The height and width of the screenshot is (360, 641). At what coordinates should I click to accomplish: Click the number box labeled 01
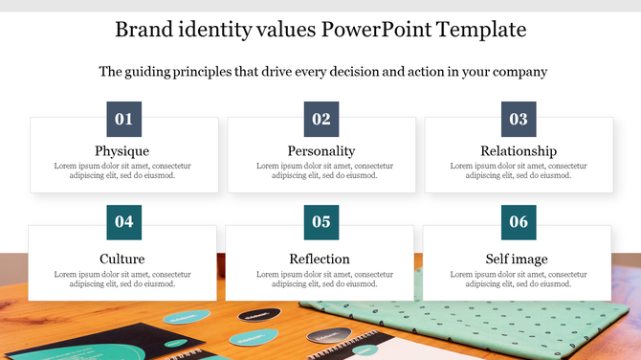[123, 120]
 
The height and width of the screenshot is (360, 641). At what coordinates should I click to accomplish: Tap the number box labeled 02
[321, 120]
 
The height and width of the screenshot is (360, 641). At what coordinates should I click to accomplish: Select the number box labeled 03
[519, 120]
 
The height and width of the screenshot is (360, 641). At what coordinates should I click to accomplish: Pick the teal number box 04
[123, 222]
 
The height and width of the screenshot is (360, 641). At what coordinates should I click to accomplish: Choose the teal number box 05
[321, 222]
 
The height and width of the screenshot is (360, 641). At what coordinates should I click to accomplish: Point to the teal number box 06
[519, 222]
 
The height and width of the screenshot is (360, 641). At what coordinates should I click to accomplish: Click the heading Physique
[122, 151]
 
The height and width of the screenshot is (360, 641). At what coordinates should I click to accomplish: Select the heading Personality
[321, 151]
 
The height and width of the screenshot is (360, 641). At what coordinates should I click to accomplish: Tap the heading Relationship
[519, 151]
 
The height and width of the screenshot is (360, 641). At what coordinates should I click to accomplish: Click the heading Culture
[122, 259]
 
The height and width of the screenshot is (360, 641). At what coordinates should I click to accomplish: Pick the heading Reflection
[320, 259]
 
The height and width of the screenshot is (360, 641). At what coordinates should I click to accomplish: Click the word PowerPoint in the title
[375, 30]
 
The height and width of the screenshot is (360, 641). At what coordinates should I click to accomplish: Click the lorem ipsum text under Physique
[122, 170]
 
